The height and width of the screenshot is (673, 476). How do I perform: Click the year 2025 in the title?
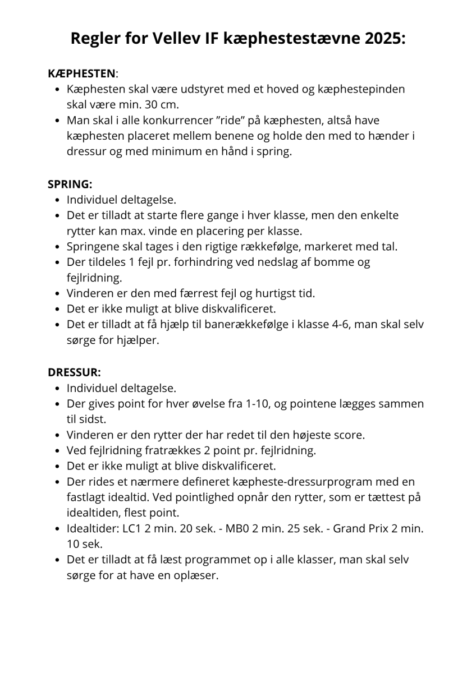coord(384,39)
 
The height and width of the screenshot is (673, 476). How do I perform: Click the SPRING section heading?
coord(70,183)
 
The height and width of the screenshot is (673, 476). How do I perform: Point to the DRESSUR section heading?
coord(74,372)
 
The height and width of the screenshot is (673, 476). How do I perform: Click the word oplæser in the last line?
coord(196,576)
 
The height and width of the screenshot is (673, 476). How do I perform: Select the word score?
coord(350,435)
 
